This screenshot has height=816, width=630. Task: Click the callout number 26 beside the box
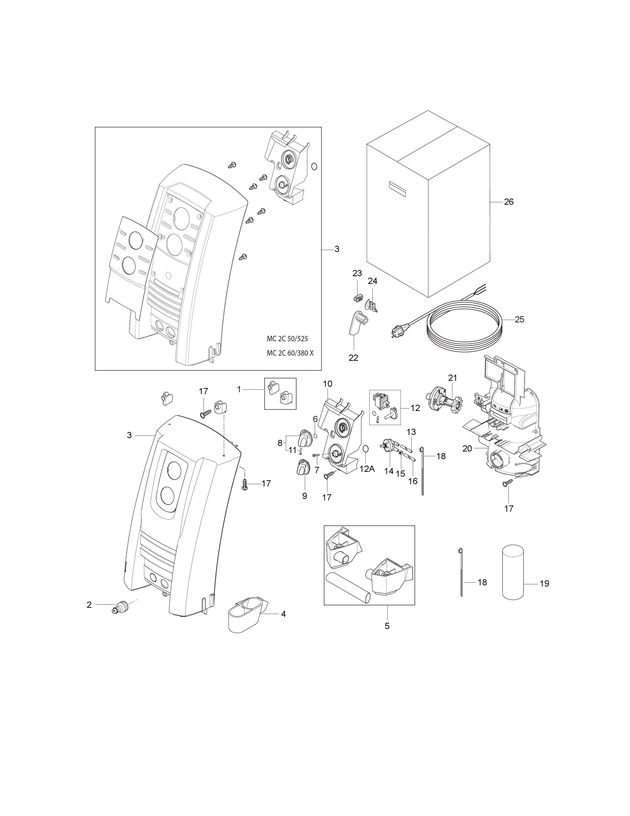point(509,202)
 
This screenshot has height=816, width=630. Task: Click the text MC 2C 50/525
point(287,339)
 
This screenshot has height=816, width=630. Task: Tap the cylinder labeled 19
point(513,572)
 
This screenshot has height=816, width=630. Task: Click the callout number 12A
point(367,469)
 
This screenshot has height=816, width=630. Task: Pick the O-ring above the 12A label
point(366,449)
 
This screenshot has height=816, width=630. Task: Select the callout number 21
point(452,378)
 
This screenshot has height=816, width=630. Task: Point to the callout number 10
point(327,384)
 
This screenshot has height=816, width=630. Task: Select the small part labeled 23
point(358,297)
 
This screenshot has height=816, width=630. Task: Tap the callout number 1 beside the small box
point(239,389)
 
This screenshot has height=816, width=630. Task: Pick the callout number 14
point(389,471)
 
